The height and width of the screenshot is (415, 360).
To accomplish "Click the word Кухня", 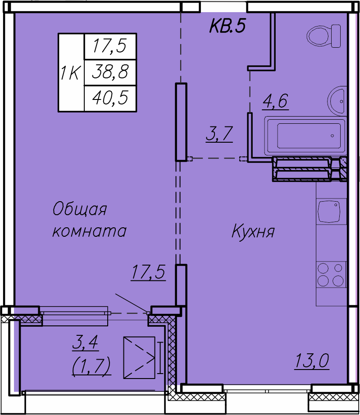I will pyautogui.click(x=253, y=232).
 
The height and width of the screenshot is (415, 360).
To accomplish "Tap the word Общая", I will pyautogui.click(x=79, y=209).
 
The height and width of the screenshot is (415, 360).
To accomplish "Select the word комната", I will pyautogui.click(x=89, y=231).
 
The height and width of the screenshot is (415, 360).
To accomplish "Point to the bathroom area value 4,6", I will pyautogui.click(x=275, y=101).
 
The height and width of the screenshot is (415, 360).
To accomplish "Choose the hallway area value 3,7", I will pyautogui.click(x=219, y=134).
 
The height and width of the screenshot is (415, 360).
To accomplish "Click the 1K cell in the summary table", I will pyautogui.click(x=71, y=72).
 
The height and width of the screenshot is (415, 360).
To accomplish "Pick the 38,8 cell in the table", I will pyautogui.click(x=110, y=72).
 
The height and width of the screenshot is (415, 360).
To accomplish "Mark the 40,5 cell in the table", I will pyautogui.click(x=110, y=97).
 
